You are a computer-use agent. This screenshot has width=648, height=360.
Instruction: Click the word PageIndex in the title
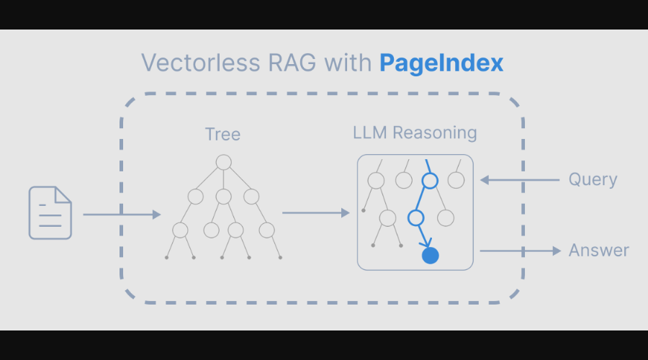[441, 63]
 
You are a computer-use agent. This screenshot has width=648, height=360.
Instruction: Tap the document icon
[50, 213]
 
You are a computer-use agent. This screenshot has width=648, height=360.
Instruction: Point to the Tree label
[222, 135]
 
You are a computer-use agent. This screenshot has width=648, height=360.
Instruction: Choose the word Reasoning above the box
[435, 133]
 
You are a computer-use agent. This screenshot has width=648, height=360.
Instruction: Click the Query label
[593, 179]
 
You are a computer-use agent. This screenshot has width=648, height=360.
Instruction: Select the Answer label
[598, 251]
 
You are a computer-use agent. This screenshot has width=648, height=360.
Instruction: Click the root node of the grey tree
[223, 162]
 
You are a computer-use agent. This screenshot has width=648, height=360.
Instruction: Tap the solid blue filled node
[430, 256]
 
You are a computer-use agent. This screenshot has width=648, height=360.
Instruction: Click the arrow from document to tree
[122, 215]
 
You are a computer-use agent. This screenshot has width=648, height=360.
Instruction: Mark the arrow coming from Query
[519, 180]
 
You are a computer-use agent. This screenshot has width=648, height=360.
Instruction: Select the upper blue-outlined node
[430, 181]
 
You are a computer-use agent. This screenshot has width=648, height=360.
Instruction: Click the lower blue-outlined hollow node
[415, 217]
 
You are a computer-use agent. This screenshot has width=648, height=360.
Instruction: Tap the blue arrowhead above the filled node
[426, 241]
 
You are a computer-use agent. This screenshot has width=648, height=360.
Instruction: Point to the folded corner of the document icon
[63, 194]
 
